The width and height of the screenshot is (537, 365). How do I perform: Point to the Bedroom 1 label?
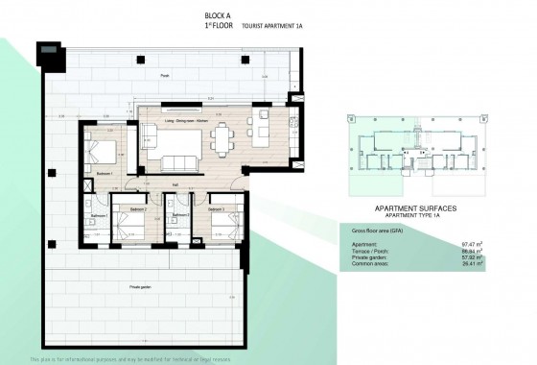106,173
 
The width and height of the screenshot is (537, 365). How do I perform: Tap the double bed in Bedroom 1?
103,149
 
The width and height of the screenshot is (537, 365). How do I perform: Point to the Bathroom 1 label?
98,217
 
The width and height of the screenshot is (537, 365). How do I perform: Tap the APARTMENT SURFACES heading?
414,207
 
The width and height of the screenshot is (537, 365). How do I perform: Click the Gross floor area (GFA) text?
376,232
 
